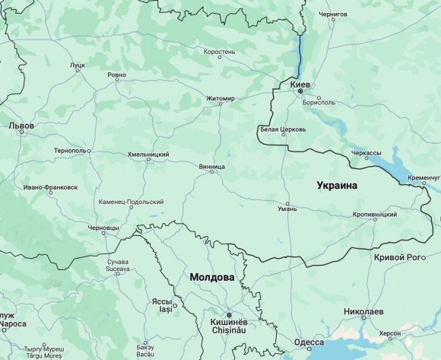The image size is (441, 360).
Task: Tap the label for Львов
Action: [x=21, y=123]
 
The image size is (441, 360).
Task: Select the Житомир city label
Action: [x=220, y=98]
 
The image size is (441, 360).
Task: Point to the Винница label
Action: [x=211, y=165]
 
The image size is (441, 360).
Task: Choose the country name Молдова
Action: [x=211, y=277]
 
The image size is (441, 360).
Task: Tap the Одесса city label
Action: [x=309, y=342]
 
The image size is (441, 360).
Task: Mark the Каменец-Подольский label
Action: [x=132, y=202]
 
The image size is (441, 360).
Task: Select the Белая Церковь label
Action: [x=283, y=129]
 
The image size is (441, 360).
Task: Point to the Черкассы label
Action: [x=366, y=153]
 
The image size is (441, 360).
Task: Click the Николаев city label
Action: [x=369, y=311]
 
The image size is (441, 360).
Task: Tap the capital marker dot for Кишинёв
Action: [x=228, y=314]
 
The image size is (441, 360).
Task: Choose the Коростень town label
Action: [x=219, y=53]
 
